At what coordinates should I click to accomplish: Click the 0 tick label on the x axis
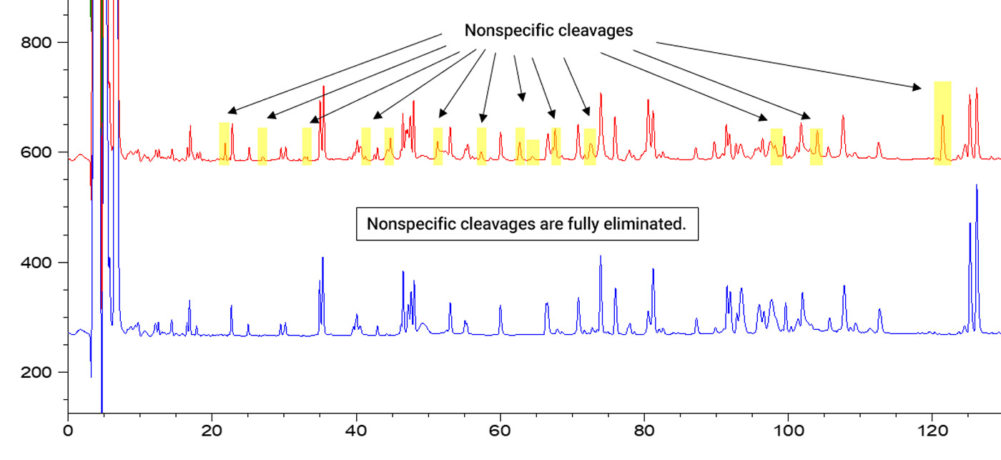(x=68, y=431)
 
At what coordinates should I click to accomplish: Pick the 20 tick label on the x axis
(x=212, y=431)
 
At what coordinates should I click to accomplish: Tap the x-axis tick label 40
(x=356, y=431)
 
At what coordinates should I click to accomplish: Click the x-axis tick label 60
(x=500, y=431)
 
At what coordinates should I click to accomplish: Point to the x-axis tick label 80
(x=644, y=431)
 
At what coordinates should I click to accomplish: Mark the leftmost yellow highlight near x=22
(x=225, y=143)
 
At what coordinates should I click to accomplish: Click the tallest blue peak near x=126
(x=977, y=185)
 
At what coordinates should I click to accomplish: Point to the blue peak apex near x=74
(x=601, y=256)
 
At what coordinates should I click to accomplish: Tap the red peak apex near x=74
(x=601, y=93)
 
